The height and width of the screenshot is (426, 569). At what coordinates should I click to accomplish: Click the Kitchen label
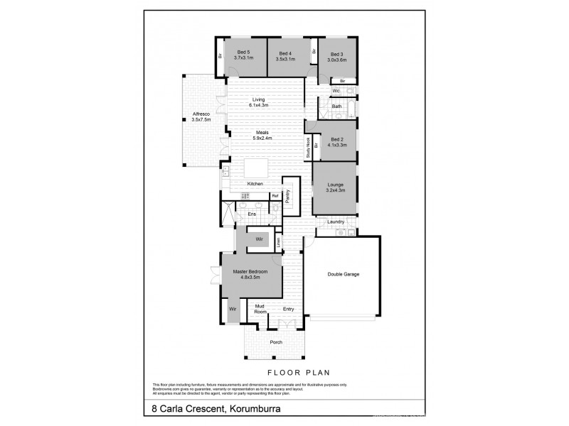point(255,184)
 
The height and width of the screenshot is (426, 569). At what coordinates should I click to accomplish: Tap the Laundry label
point(336,222)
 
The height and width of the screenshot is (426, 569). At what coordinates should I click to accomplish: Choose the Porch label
point(276,342)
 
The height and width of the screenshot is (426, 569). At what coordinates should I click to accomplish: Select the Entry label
point(288,309)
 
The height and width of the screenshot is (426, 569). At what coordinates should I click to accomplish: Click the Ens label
point(251,213)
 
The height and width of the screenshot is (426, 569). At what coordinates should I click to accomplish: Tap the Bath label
point(337,106)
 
